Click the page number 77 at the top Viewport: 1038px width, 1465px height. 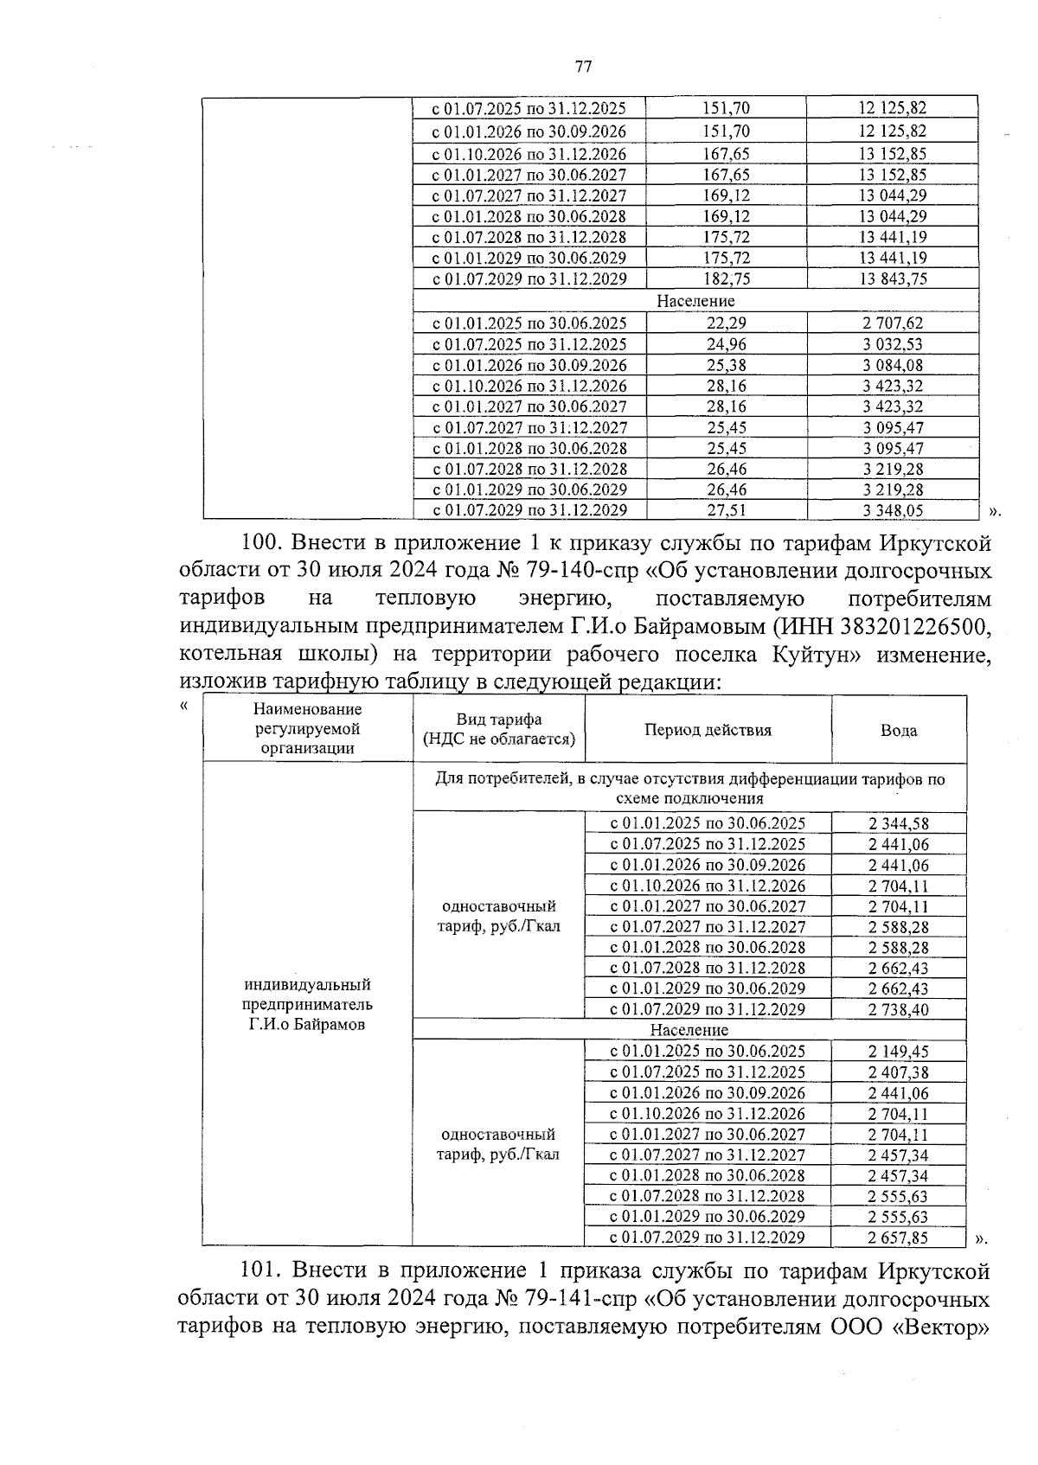point(583,67)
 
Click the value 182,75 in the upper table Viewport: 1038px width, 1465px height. point(727,278)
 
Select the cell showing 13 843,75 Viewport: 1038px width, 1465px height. point(892,278)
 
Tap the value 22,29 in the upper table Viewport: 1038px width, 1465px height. point(727,323)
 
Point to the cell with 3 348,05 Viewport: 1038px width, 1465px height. point(892,510)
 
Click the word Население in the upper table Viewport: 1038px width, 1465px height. point(695,301)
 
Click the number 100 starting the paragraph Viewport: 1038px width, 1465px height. point(259,544)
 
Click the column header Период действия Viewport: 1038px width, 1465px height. point(708,730)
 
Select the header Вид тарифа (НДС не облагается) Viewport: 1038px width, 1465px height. point(499,730)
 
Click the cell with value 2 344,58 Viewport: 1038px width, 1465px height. point(898,823)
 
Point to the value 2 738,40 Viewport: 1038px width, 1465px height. point(898,1009)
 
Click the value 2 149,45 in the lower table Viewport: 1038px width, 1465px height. point(898,1052)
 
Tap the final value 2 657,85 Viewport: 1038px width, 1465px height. point(898,1238)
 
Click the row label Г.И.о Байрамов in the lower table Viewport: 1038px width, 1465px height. point(307,1025)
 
